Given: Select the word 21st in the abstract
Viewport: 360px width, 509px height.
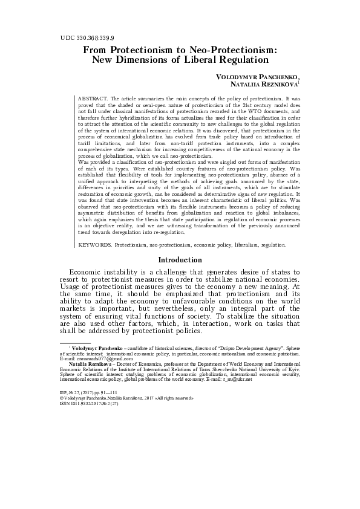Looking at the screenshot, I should coord(228,105).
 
